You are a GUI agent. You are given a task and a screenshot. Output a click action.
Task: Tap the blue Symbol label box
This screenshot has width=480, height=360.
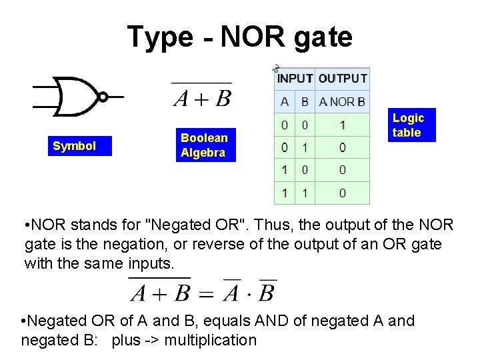pyautogui.click(x=74, y=146)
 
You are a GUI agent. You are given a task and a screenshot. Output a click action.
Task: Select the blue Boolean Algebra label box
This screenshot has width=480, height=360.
pyautogui.click(x=203, y=145)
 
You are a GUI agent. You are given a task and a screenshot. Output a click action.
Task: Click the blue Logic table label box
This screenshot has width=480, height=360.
pyautogui.click(x=407, y=125)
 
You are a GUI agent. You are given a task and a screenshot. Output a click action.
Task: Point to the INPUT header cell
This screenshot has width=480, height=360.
pyautogui.click(x=295, y=79)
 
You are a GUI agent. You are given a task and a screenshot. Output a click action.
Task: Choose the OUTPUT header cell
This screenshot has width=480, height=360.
pyautogui.click(x=343, y=79)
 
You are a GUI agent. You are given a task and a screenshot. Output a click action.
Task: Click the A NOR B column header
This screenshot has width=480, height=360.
pyautogui.click(x=342, y=102)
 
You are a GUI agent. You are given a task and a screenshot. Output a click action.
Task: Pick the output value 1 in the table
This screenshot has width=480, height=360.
pyautogui.click(x=342, y=125)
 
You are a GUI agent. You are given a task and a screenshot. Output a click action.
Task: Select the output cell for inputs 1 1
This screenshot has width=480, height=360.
pyautogui.click(x=342, y=193)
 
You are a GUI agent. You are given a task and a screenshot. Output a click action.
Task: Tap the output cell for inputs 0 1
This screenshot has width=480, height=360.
pyautogui.click(x=342, y=147)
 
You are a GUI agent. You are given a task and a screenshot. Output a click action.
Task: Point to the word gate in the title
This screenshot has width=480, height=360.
pyautogui.click(x=322, y=37)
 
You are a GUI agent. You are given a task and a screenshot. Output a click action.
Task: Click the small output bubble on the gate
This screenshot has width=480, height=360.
pyautogui.click(x=103, y=97)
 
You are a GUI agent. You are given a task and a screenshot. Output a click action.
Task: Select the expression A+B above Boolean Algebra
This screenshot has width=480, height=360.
pyautogui.click(x=202, y=99)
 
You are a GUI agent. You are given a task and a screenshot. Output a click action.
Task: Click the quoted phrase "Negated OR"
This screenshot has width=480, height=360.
pyautogui.click(x=200, y=223)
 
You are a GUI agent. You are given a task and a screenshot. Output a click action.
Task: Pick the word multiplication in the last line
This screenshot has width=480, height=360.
pyautogui.click(x=210, y=341)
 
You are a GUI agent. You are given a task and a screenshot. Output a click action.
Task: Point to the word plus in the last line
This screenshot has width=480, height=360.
pyautogui.click(x=125, y=341)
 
